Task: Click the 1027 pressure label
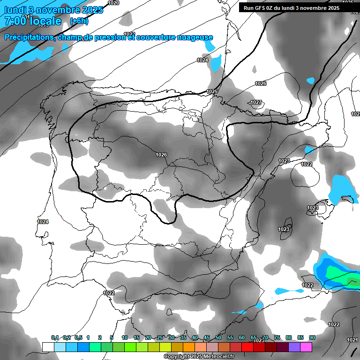[x=256, y=102]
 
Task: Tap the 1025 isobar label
[x=212, y=91]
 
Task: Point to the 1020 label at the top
[x=113, y=3]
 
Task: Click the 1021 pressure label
[x=352, y=340]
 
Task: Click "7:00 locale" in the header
[x=33, y=21]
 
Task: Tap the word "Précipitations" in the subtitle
[x=29, y=37]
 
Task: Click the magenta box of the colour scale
[x=306, y=347]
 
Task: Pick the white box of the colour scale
[x=48, y=347]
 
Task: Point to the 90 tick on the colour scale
[x=312, y=337]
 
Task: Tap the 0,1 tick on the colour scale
[x=55, y=337]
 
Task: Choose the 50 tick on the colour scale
[x=218, y=337]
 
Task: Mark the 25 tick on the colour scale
[x=160, y=337]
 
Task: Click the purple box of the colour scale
[x=294, y=347]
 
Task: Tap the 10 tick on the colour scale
[x=125, y=337]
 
